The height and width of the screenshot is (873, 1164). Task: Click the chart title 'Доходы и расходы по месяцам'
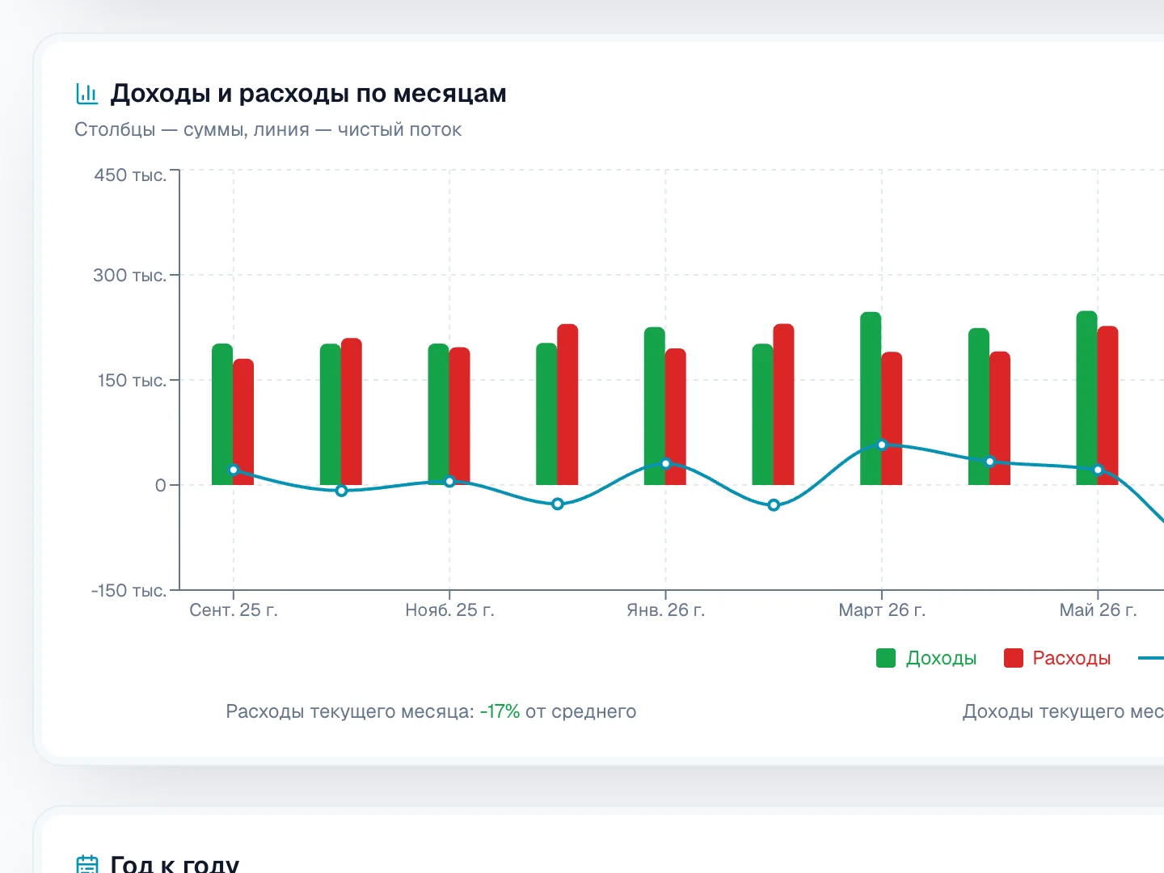click(308, 93)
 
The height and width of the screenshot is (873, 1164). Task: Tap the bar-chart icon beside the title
click(87, 94)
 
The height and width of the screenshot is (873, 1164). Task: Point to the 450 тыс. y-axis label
click(130, 175)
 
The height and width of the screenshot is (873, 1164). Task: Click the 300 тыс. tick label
click(129, 275)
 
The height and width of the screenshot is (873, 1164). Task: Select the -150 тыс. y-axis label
click(129, 590)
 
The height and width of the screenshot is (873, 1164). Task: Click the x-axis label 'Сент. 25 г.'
click(234, 610)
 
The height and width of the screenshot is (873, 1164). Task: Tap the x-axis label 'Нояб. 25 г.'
click(449, 610)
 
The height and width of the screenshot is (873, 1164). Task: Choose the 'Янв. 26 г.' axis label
click(665, 610)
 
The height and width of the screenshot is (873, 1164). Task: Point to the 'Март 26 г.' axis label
click(882, 610)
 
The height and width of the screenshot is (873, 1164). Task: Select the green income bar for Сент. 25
click(222, 414)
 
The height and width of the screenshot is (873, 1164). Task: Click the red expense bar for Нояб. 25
click(459, 416)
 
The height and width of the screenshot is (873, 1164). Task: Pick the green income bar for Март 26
click(871, 398)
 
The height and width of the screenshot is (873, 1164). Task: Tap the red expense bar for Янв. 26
click(676, 416)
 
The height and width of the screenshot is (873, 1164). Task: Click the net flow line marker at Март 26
click(882, 445)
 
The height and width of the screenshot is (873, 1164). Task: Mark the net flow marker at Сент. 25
click(234, 470)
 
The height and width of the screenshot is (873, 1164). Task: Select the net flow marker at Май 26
click(1099, 470)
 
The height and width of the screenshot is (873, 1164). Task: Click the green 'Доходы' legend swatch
click(886, 658)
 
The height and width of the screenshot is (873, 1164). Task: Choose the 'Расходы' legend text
click(1071, 658)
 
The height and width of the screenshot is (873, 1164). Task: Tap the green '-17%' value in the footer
click(500, 711)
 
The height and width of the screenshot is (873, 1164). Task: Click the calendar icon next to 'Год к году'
click(87, 864)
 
